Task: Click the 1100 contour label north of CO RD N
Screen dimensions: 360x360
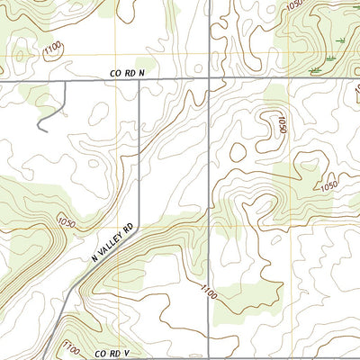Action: coord(52,44)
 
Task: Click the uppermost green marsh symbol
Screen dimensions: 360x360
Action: coord(340,41)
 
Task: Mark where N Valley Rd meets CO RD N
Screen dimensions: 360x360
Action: coord(139,80)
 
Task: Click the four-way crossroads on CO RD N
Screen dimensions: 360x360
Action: coord(210,80)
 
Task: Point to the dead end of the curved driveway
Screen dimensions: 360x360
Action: coord(39,130)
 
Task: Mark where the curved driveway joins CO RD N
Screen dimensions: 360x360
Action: coord(66,80)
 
